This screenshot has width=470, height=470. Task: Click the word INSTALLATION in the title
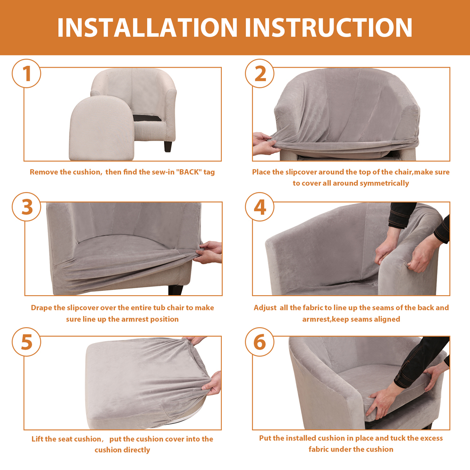coord(147,28)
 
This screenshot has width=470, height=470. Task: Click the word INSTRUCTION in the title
coord(329,28)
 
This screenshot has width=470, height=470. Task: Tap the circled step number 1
coord(26,73)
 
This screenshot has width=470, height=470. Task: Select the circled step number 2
coord(259,73)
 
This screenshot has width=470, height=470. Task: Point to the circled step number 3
coord(26,207)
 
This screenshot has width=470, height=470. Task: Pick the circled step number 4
coord(259,207)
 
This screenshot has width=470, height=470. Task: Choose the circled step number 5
coord(26,342)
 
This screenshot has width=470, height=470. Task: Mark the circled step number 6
coord(259,342)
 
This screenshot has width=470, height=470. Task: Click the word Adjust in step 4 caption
coord(265,308)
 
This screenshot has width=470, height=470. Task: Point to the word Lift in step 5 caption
coord(37,439)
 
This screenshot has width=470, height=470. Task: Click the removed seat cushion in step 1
coord(102,128)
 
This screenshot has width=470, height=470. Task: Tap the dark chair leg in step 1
coord(168,146)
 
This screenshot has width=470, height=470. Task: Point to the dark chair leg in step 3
coord(176,290)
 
